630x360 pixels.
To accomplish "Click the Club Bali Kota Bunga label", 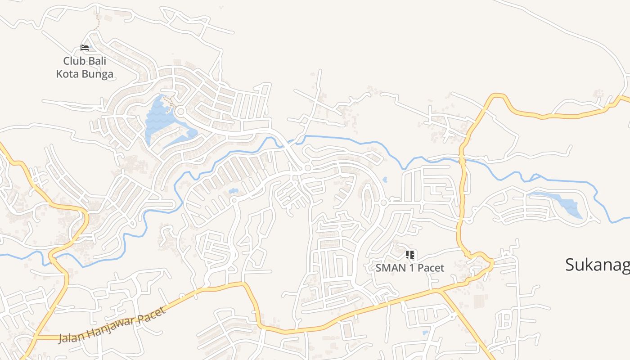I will (x=85, y=67).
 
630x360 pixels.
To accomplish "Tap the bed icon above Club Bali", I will (x=84, y=47).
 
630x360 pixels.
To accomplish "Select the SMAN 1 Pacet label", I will (x=409, y=268).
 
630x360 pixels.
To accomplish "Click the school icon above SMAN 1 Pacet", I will (x=409, y=255).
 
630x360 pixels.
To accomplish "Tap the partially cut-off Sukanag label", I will (x=597, y=265).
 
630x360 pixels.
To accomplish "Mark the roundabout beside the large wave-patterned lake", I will (x=181, y=111).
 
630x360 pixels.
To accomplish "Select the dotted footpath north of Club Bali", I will (x=96, y=22).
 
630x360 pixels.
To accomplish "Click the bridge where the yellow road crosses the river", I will (x=462, y=158).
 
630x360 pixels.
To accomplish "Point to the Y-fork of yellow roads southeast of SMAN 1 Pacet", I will (x=441, y=292).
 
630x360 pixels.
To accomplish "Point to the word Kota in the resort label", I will (x=68, y=74).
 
